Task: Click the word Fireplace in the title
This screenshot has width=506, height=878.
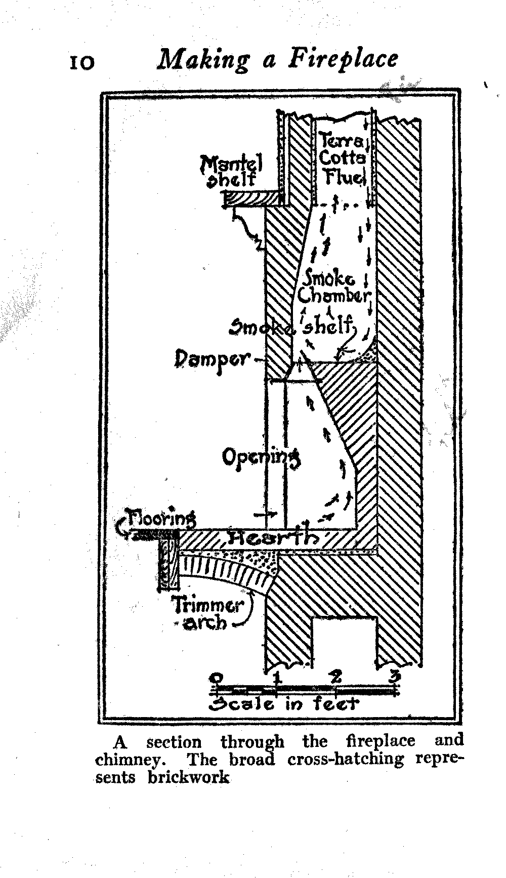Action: coord(344,58)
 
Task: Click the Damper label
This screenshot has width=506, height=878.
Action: coord(213,359)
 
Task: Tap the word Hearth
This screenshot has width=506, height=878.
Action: coord(273,537)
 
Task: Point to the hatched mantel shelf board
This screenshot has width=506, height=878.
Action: coord(251,198)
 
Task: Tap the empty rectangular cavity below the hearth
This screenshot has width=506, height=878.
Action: coord(344,640)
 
